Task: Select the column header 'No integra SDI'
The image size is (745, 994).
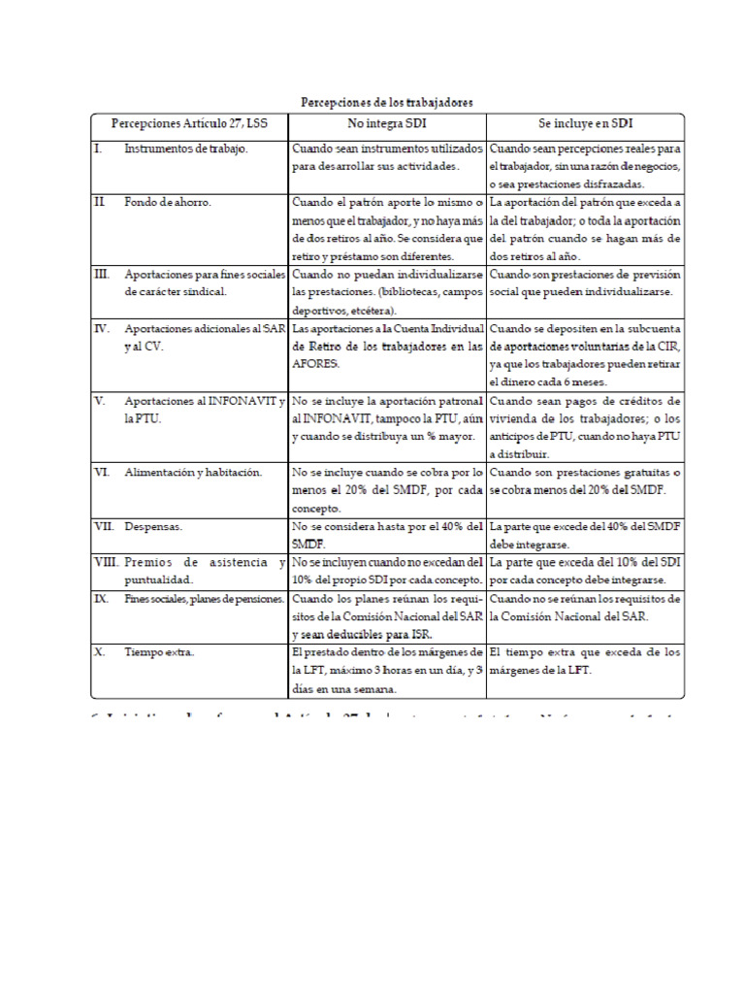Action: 387,124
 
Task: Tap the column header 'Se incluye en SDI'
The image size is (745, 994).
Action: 585,124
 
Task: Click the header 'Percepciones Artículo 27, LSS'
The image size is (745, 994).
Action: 189,124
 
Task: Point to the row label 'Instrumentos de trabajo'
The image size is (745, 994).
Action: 186,149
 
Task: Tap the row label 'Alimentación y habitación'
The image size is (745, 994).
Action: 193,472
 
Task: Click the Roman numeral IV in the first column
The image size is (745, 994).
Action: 102,328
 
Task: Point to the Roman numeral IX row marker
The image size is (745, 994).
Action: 101,599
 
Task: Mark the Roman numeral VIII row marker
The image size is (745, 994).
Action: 106,563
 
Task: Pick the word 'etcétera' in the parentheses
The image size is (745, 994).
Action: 372,310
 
